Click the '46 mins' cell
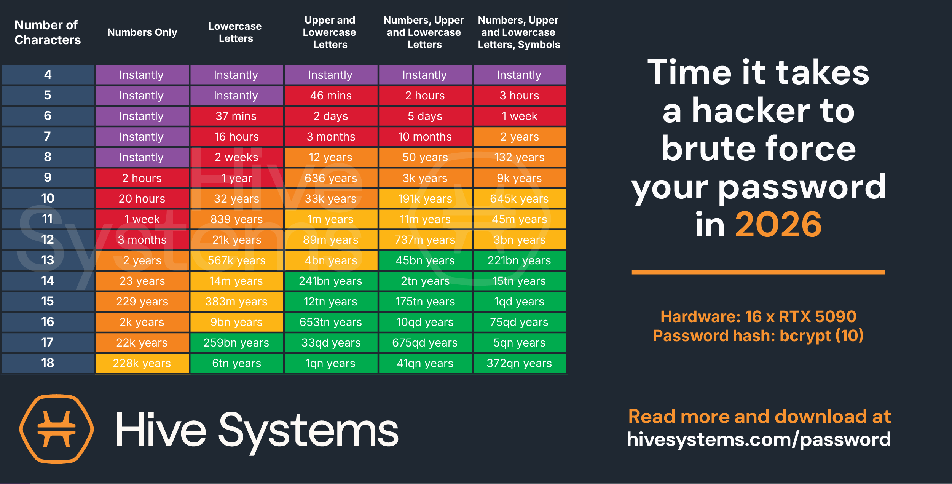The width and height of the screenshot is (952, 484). pyautogui.click(x=331, y=96)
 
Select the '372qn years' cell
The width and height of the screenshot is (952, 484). pyautogui.click(x=520, y=363)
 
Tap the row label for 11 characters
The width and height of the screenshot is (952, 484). pyautogui.click(x=48, y=219)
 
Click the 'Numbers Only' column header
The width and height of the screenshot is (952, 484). pyautogui.click(x=142, y=32)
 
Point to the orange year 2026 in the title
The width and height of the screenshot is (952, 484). pyautogui.click(x=778, y=225)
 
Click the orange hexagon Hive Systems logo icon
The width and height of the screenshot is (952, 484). pyautogui.click(x=57, y=429)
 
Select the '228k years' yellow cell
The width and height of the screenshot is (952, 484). pyautogui.click(x=142, y=363)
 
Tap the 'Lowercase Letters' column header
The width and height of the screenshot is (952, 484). pyautogui.click(x=235, y=32)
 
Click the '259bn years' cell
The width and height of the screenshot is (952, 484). pyautogui.click(x=236, y=343)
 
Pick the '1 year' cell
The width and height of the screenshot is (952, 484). pyautogui.click(x=236, y=178)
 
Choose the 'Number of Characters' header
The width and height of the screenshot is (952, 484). pyautogui.click(x=48, y=32)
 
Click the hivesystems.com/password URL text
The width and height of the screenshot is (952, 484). pyautogui.click(x=759, y=439)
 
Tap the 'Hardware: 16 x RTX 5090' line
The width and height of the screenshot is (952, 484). pyautogui.click(x=758, y=316)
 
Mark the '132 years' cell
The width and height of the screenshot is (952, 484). pyautogui.click(x=520, y=157)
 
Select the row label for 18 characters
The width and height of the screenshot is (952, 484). pyautogui.click(x=48, y=363)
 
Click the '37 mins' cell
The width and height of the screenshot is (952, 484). pyautogui.click(x=236, y=116)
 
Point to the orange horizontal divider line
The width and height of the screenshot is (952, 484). pyautogui.click(x=758, y=272)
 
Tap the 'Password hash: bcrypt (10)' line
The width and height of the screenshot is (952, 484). pyautogui.click(x=758, y=336)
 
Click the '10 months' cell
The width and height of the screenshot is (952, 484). pyautogui.click(x=425, y=137)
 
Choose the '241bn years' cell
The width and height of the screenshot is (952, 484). pyautogui.click(x=331, y=281)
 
